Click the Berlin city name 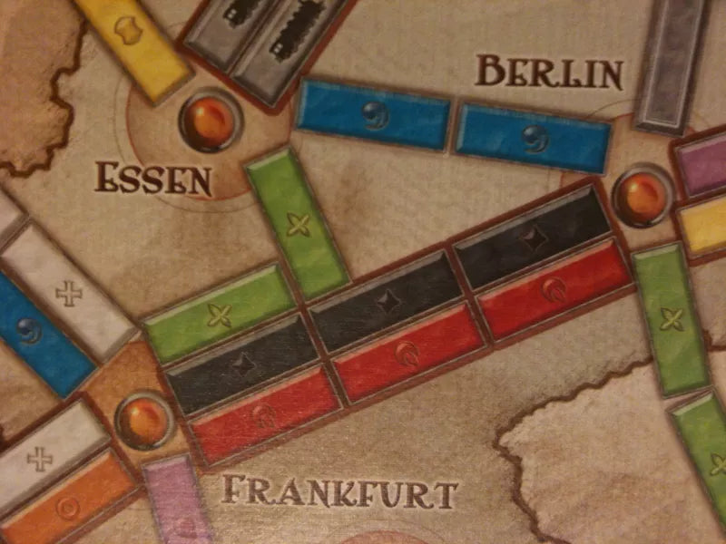(x=549, y=72)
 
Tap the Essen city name (x=153, y=179)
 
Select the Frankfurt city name (x=339, y=495)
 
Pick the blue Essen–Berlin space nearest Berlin (x=534, y=137)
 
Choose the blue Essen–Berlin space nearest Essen (x=374, y=113)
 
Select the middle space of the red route (x=408, y=353)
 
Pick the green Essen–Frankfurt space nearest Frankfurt (x=218, y=314)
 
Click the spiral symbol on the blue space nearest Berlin (x=534, y=137)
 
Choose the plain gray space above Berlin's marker (x=671, y=63)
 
